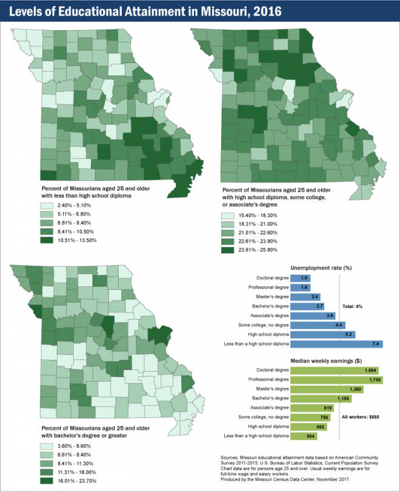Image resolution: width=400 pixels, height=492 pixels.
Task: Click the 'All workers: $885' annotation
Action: (x=362, y=417)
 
